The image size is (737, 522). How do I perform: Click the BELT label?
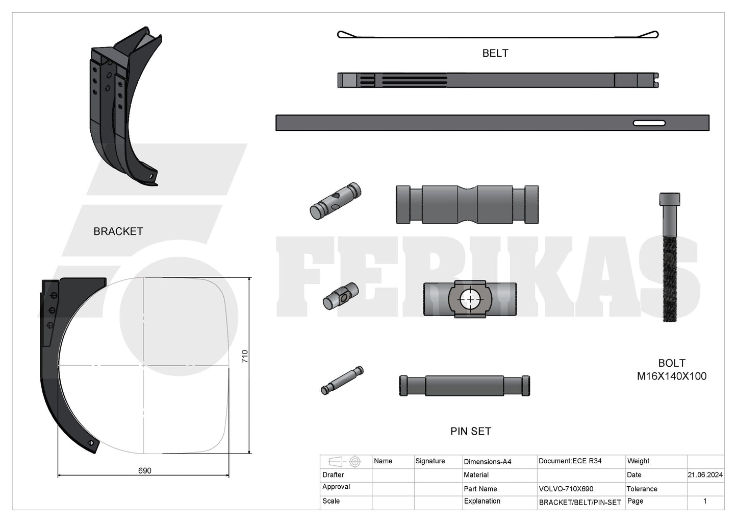495,54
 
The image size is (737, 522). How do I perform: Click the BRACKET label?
118,231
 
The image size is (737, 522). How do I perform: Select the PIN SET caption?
470,431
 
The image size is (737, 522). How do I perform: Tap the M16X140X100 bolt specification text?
672,376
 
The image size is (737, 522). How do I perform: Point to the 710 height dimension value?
245,357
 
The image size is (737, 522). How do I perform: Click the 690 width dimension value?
145,470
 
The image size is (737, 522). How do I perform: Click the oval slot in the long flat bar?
649,123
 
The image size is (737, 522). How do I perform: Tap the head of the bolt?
670,199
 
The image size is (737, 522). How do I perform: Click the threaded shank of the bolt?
670,279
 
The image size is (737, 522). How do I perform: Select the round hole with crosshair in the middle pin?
470,299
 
